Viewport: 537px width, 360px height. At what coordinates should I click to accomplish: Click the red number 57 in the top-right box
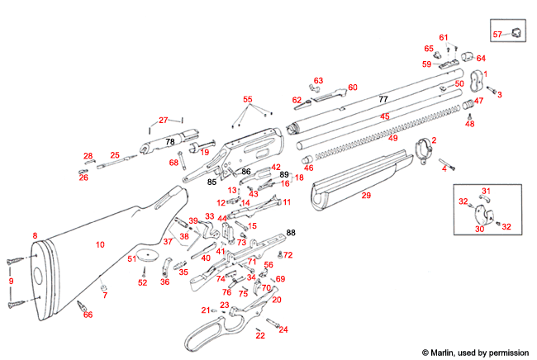497,34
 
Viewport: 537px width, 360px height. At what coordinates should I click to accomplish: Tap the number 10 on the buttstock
100,244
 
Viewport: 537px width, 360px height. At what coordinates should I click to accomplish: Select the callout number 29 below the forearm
366,195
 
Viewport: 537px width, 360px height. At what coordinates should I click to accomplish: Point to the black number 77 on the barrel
383,99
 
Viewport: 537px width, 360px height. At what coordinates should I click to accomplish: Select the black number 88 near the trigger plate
290,232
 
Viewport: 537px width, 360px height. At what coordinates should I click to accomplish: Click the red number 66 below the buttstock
88,315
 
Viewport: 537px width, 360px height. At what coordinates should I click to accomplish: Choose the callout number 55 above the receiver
247,99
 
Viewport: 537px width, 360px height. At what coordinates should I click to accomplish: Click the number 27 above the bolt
164,121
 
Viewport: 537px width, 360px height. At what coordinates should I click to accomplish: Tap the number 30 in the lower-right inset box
478,230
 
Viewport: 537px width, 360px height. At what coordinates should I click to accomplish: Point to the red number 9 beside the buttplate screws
11,282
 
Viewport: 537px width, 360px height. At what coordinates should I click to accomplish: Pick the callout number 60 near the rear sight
352,87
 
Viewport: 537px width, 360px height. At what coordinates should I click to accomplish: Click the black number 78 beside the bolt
169,142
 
